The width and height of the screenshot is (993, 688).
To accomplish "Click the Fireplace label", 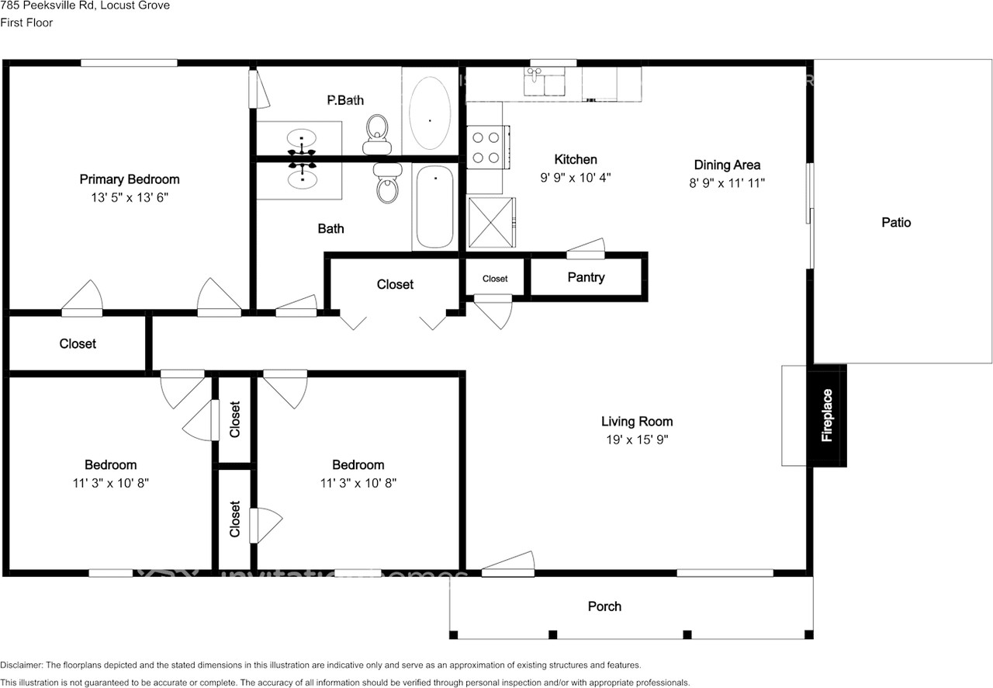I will (x=827, y=415).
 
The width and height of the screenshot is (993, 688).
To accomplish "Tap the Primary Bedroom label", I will (x=130, y=179).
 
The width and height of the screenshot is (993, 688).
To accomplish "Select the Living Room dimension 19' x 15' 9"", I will (x=636, y=440).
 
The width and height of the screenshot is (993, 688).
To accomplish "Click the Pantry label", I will (x=586, y=277).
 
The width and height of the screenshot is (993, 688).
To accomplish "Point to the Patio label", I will (x=896, y=223).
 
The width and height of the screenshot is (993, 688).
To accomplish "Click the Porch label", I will (x=604, y=606).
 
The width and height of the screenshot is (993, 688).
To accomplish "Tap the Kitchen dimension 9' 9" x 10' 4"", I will (x=575, y=177).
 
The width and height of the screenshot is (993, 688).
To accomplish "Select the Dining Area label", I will (x=727, y=165).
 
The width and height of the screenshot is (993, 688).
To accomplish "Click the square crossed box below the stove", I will (x=491, y=222).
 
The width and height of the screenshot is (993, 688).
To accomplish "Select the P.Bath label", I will (x=345, y=100).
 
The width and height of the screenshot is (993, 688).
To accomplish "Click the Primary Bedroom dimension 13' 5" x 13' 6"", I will (x=130, y=197).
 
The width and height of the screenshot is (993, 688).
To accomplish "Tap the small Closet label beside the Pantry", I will (x=495, y=279).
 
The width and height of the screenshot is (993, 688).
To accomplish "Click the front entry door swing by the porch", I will (x=507, y=565).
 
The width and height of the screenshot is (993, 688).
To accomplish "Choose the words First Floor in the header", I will (x=26, y=23).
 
